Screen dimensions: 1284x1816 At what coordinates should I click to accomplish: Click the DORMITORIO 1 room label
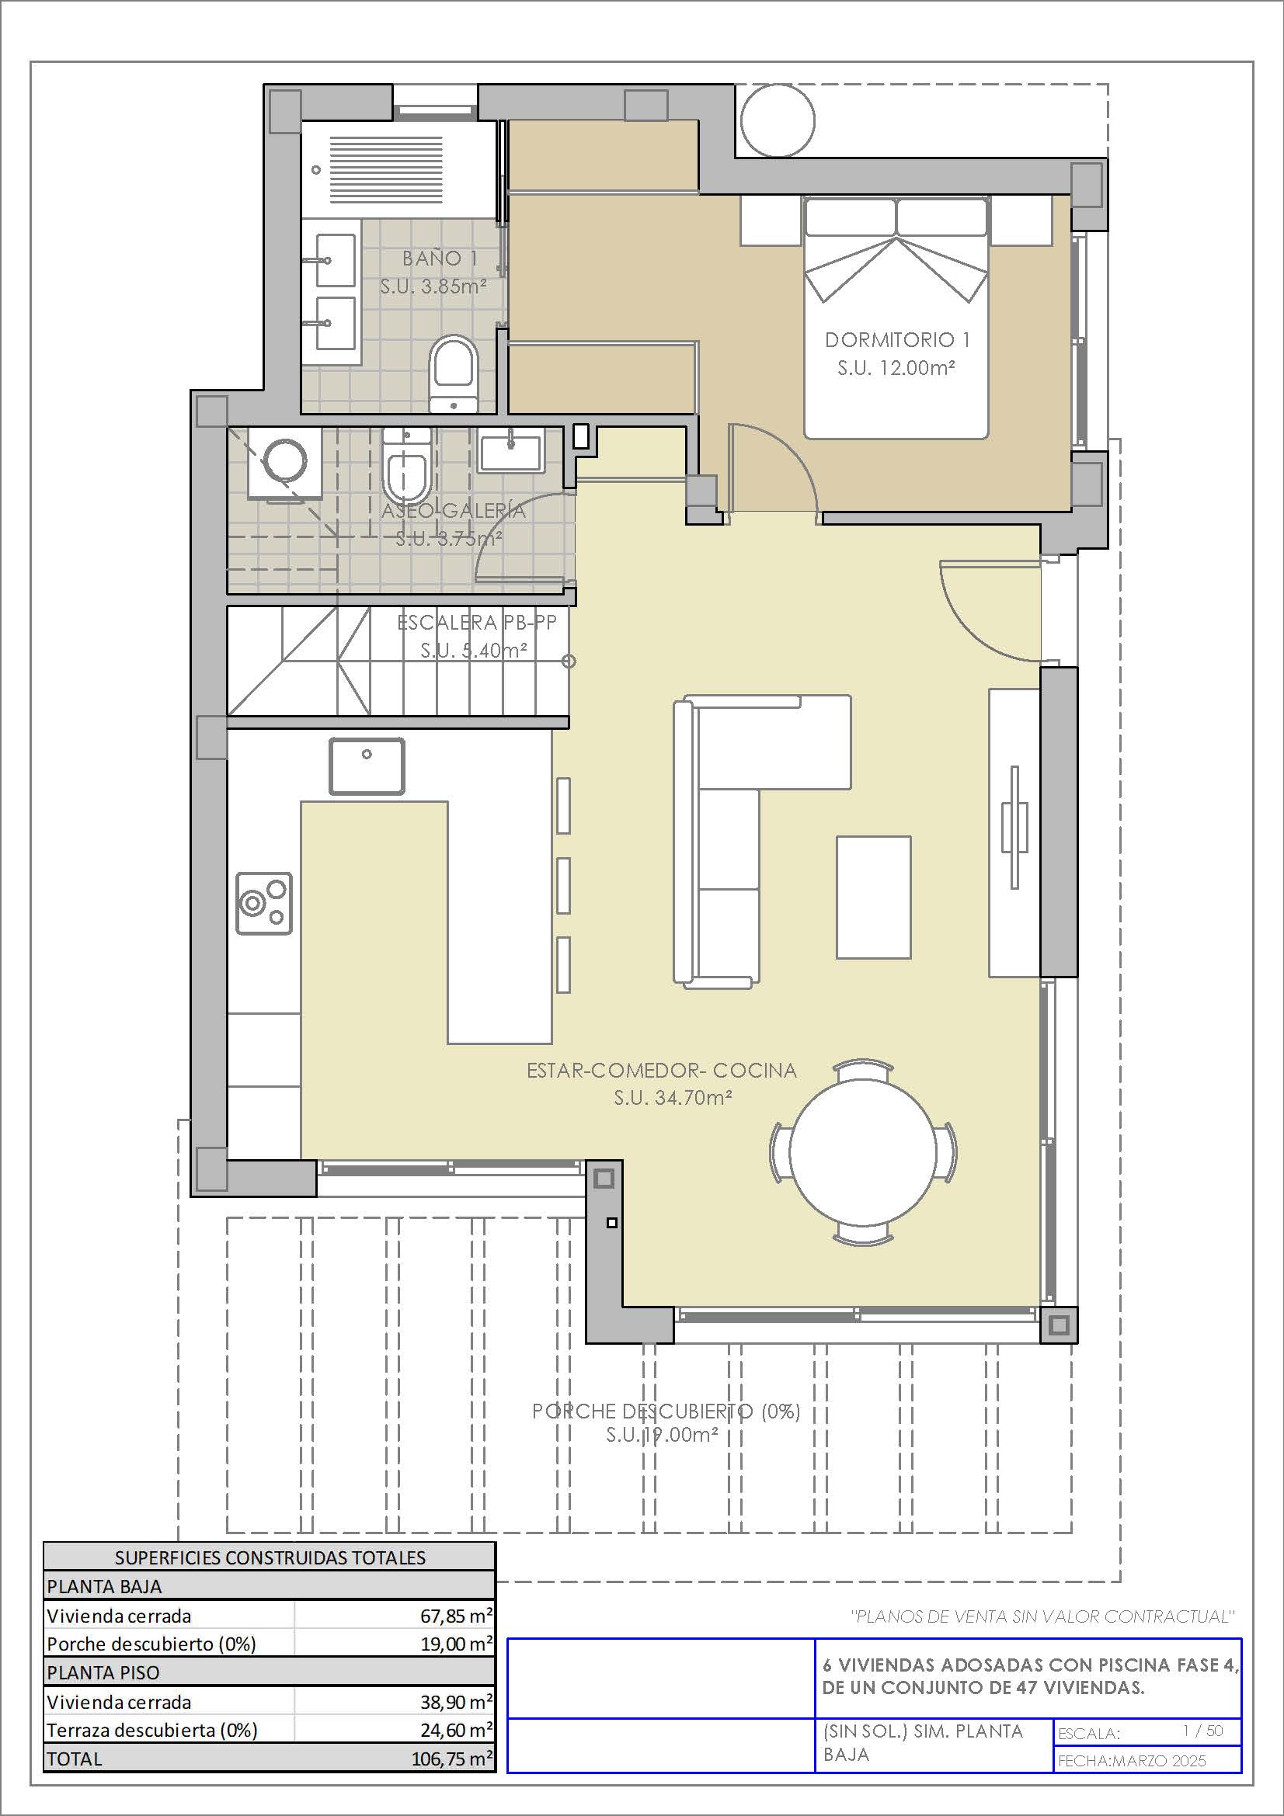pyautogui.click(x=897, y=340)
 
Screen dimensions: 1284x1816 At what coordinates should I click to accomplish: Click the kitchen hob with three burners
pyautogui.click(x=264, y=904)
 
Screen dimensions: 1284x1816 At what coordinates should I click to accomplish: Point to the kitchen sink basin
pyautogui.click(x=367, y=766)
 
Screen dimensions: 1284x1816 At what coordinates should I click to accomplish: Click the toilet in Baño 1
pyautogui.click(x=454, y=373)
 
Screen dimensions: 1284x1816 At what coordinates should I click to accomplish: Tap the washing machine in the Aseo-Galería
pyautogui.click(x=285, y=463)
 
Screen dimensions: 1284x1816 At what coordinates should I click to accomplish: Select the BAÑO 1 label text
pyautogui.click(x=440, y=258)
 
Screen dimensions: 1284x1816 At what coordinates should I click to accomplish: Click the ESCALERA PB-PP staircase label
pyautogui.click(x=477, y=623)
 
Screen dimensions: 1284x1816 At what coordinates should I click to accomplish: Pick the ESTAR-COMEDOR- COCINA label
pyautogui.click(x=662, y=1070)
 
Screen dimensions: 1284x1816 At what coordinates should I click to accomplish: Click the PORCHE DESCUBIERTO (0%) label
pyautogui.click(x=666, y=1411)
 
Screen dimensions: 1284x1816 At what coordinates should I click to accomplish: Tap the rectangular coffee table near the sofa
pyautogui.click(x=873, y=897)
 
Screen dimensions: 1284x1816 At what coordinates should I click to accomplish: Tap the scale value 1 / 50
pyautogui.click(x=1202, y=1731)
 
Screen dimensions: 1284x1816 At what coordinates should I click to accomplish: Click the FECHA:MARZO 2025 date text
pyautogui.click(x=1132, y=1760)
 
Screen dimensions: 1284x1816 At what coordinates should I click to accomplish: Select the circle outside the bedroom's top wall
pyautogui.click(x=778, y=121)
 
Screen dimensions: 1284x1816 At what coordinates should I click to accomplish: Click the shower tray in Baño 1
pyautogui.click(x=400, y=170)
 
